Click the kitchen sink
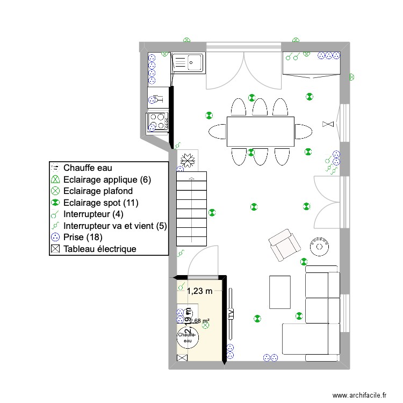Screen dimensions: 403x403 pos(188,63)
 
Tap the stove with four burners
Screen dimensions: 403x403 pos(158,121)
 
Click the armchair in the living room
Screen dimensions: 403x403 pos(284,244)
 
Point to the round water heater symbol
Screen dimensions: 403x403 pos(188,337)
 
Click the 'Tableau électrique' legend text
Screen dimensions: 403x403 pos(99,249)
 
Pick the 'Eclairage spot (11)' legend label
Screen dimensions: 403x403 pos(94,203)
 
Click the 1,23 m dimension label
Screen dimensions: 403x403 pos(200,291)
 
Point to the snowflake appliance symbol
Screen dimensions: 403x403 pos(188,159)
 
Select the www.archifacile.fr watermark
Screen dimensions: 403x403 pos(359,394)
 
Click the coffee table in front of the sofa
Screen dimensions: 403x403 pos(279,292)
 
